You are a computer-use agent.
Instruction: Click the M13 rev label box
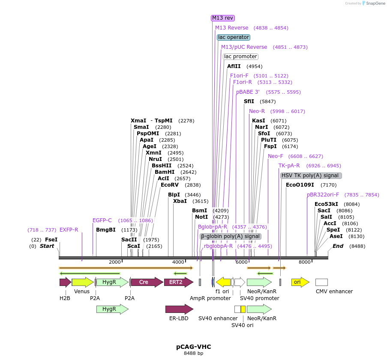tap(223, 18)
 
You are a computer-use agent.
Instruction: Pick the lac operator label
tap(234, 37)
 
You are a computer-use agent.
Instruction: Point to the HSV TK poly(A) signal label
tap(311, 176)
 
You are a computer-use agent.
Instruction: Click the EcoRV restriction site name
tap(169, 185)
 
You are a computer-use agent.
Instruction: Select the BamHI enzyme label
tap(165, 172)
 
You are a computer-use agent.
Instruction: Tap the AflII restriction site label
tap(234, 66)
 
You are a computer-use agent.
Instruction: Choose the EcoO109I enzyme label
tap(300, 185)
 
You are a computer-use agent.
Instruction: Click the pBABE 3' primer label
tap(248, 92)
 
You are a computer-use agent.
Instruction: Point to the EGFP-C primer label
tap(102, 220)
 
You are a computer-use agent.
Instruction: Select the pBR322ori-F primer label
tap(323, 195)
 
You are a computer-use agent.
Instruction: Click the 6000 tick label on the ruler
tap(241, 262)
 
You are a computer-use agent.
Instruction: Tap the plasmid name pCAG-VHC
tap(193, 347)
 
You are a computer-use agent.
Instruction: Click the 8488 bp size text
tap(193, 354)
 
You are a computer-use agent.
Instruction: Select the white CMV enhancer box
tap(321, 282)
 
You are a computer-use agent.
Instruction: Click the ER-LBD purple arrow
tap(179, 309)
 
